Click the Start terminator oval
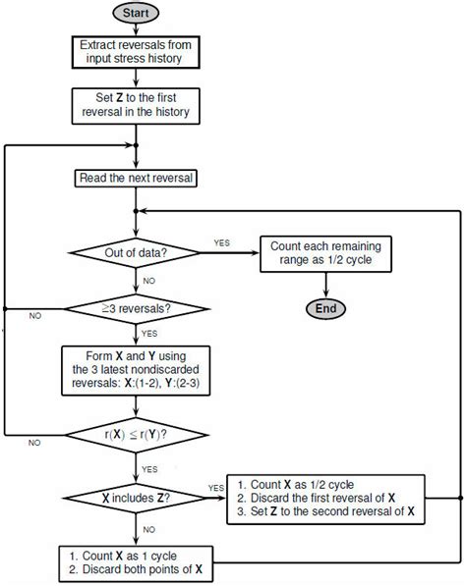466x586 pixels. coord(136,14)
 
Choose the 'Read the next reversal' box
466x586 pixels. coord(136,178)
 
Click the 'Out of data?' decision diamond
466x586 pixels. coord(136,254)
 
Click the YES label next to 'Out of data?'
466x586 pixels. coord(223,240)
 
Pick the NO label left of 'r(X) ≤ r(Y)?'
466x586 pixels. coord(34,443)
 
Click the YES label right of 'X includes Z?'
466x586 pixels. coord(216,487)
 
